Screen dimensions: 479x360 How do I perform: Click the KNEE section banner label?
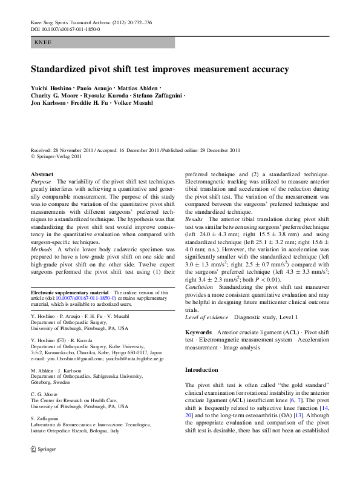click(x=44, y=43)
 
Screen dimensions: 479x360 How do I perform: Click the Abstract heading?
click(x=42, y=174)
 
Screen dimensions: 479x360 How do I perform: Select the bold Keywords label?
click(x=198, y=315)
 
